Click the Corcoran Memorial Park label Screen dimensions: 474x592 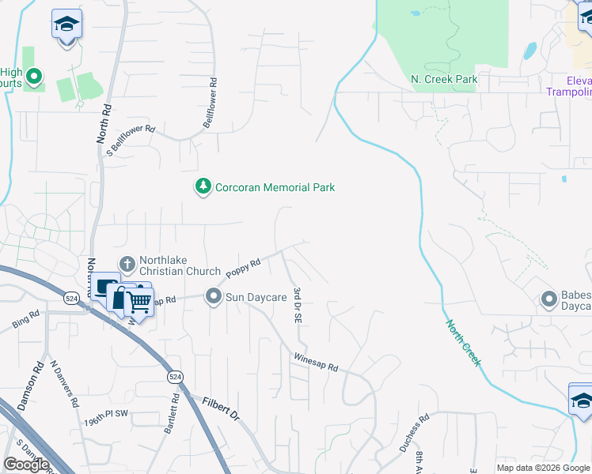(275, 187)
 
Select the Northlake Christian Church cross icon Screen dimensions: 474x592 (127, 264)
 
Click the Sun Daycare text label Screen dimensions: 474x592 (256, 297)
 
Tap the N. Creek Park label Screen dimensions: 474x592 (444, 80)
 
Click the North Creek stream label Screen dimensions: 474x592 (462, 342)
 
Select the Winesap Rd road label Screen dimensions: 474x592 (316, 363)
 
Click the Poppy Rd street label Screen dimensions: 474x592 (244, 269)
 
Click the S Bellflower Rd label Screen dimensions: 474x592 (131, 140)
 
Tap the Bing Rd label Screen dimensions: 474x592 (25, 319)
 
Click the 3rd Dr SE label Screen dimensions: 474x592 (298, 306)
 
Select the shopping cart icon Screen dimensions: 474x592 (139, 301)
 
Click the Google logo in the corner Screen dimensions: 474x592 (26, 465)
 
